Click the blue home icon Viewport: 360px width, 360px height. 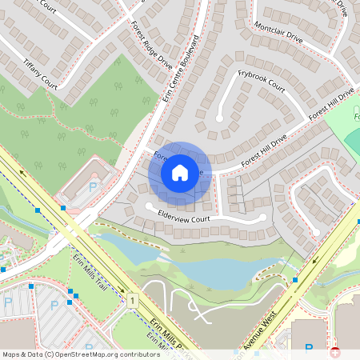[x=180, y=173]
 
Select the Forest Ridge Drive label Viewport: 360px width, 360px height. [x=151, y=45]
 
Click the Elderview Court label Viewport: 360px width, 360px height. [x=183, y=217]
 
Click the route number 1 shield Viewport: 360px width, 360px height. [x=130, y=300]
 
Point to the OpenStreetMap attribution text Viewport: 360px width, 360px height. [x=80, y=354]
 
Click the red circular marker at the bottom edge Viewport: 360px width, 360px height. [x=334, y=351]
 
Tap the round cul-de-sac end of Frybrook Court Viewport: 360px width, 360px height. [x=219, y=118]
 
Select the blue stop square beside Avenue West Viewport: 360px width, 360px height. [x=295, y=280]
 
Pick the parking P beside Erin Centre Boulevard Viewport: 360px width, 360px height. [x=92, y=186]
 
